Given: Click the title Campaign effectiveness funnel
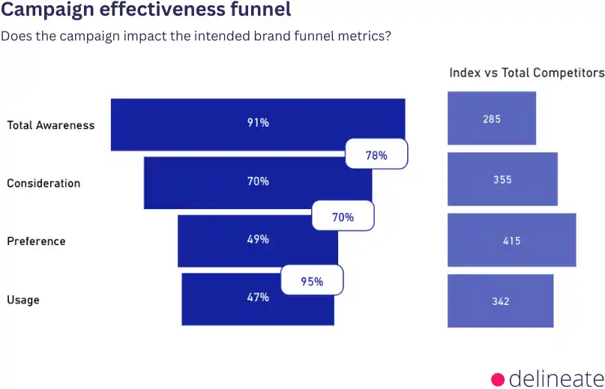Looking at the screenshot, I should pos(146,12).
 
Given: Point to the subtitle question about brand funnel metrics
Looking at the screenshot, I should pos(196,35).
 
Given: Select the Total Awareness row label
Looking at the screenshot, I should pos(51,125).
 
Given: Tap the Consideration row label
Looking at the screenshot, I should pos(43,183).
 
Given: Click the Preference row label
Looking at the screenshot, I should pos(36,241).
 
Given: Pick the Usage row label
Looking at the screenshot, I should pos(23,300).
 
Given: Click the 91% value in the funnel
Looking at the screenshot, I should pos(258,123).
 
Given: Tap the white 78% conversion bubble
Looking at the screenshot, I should pos(376,155).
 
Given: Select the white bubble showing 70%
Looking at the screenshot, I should pos(343,217).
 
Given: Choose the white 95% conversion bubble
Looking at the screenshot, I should pos(312,281).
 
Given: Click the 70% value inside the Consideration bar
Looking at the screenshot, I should pos(258,181).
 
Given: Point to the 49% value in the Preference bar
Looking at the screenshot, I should pos(258,240).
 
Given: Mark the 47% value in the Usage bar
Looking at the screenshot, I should pos(258,298).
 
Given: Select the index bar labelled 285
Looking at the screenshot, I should pos(492,118).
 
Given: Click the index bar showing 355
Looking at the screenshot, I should pos(502,179).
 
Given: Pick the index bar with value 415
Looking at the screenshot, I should pos(512,241).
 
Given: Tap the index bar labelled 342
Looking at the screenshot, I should pos(501,301).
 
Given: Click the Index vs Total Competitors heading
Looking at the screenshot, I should pos(526,73).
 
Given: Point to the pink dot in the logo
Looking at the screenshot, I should pos(498,378).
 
